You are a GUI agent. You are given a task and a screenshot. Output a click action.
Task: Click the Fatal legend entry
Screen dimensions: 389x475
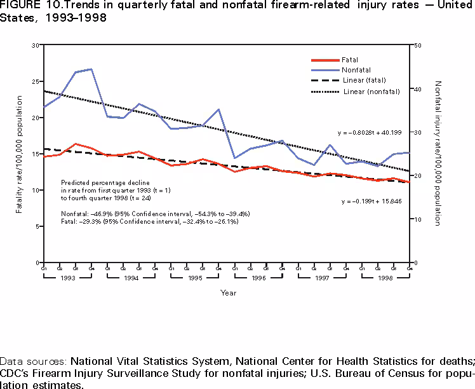pos(349,60)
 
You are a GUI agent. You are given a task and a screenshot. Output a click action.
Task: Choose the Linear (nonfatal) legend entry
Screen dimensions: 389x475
pos(371,92)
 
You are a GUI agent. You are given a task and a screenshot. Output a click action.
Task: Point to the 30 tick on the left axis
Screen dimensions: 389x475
pos(36,46)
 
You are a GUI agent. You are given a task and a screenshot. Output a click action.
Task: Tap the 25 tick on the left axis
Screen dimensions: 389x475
pos(36,82)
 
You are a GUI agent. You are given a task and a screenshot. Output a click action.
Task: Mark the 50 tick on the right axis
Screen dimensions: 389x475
pos(417,46)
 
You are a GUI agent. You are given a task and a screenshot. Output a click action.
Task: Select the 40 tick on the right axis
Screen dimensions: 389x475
pos(417,89)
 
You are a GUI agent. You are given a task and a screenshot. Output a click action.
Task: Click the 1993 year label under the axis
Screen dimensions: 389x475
pos(67,278)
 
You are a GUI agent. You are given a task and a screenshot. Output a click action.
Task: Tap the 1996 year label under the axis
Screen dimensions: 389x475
pos(258,278)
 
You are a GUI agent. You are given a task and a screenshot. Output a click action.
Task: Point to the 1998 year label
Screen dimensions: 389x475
pos(385,278)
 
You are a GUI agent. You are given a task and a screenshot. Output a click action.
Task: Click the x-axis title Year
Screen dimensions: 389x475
pos(229,293)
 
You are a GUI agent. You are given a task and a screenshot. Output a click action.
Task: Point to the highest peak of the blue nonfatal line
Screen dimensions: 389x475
pos(91,69)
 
